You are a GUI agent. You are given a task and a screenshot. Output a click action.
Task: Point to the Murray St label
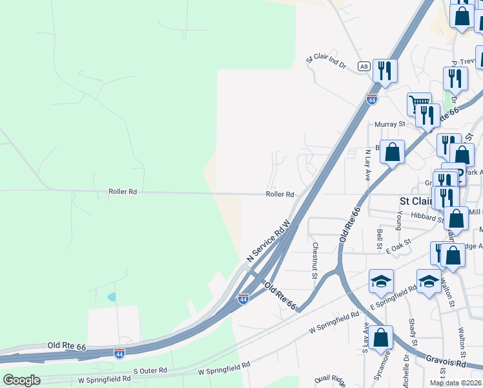[x=389, y=124]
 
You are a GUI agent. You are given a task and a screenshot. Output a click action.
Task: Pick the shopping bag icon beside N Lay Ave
[x=392, y=153]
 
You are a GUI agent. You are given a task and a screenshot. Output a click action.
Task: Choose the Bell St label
[x=380, y=238]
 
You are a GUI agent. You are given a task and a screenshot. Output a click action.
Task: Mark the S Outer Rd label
[x=150, y=371]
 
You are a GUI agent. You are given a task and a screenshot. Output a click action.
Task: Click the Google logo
[x=21, y=380]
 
